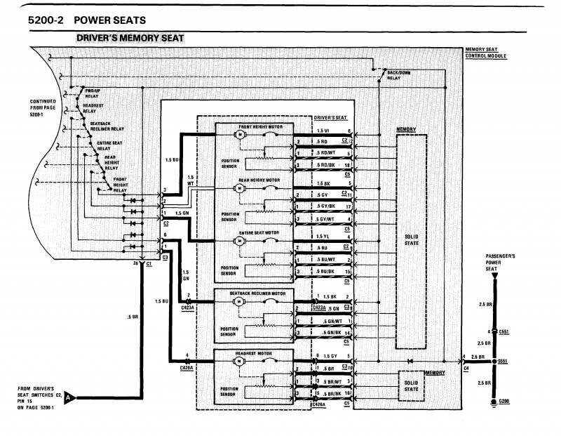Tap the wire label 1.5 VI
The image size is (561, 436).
tap(323, 131)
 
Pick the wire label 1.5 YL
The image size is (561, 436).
tap(323, 236)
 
